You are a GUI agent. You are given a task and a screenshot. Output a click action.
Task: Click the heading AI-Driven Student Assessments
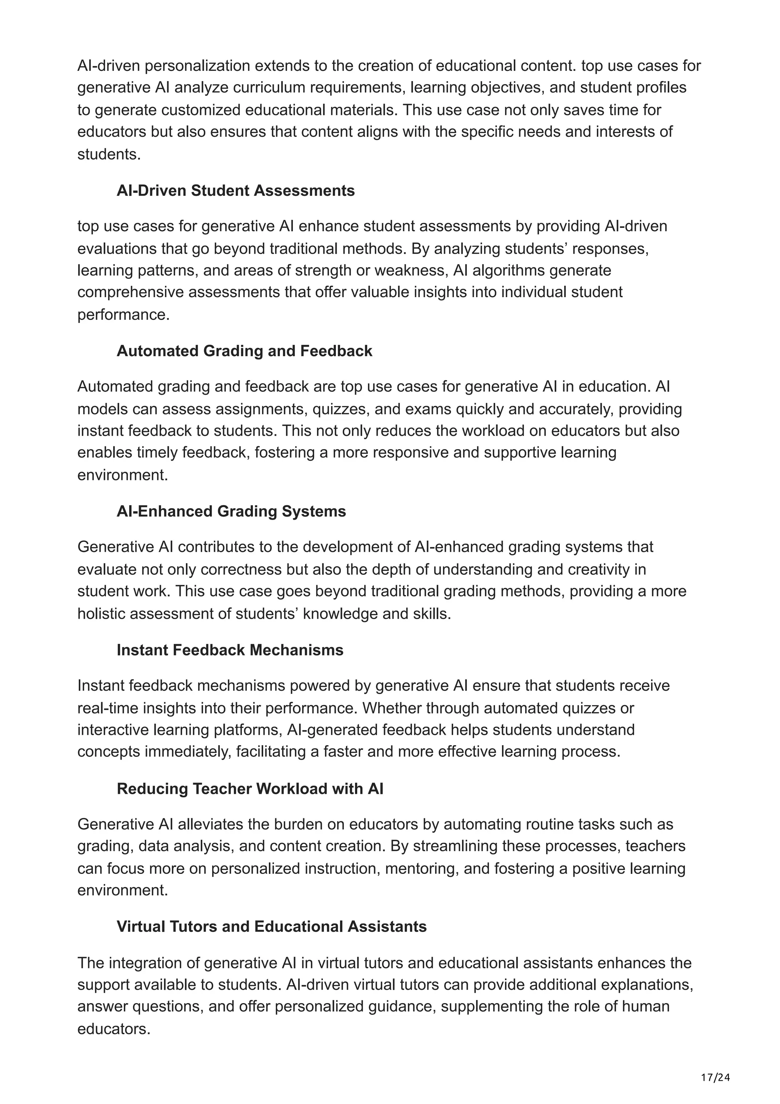(235, 190)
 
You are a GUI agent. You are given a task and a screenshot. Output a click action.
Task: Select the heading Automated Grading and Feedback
(244, 350)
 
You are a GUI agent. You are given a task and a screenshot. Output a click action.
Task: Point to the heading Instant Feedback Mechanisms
(230, 650)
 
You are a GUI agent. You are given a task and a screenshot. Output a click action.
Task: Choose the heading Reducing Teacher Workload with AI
(250, 789)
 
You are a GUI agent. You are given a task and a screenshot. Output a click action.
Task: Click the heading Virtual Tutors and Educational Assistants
(272, 926)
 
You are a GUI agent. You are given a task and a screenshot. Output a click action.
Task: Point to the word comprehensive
(130, 292)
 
